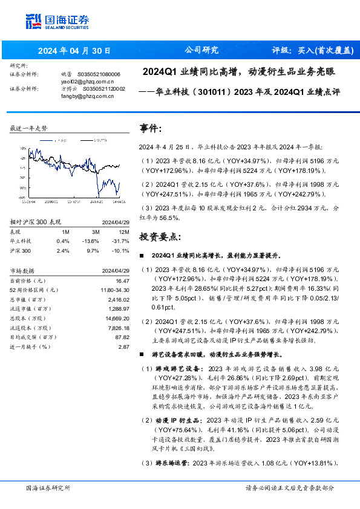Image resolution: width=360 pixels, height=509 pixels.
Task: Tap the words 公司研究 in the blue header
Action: (x=201, y=50)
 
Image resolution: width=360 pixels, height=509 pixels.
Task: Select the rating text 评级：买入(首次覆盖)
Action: (x=311, y=50)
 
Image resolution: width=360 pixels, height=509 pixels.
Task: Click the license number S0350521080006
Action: (x=102, y=74)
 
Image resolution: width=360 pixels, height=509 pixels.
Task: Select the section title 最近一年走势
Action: (x=29, y=129)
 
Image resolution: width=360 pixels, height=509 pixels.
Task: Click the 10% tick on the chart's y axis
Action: (x=22, y=148)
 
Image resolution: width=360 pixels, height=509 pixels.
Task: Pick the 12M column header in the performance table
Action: (x=123, y=231)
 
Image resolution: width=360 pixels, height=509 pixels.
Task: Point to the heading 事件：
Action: (x=151, y=129)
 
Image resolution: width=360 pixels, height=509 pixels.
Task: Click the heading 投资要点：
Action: (x=160, y=236)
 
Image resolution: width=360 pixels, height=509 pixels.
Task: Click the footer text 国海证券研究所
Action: (x=48, y=487)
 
